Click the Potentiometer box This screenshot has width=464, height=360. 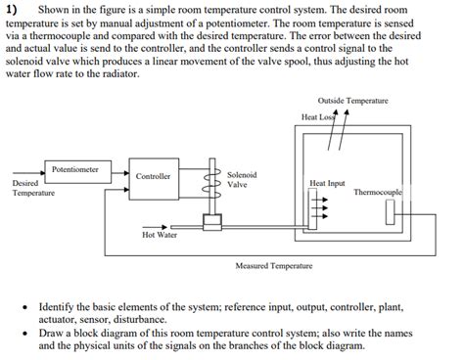[75, 168]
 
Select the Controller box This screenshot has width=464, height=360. [153, 177]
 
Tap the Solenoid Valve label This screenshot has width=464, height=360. [242, 179]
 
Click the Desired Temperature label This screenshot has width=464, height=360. [33, 188]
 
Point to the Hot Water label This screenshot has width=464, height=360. [160, 236]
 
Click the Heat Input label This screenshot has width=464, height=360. [326, 183]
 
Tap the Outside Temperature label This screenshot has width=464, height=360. [353, 102]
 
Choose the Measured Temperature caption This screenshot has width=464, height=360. [273, 265]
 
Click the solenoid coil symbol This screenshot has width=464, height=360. [208, 178]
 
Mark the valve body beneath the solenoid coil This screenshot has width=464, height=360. [209, 223]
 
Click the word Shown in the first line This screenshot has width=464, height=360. [55, 9]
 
